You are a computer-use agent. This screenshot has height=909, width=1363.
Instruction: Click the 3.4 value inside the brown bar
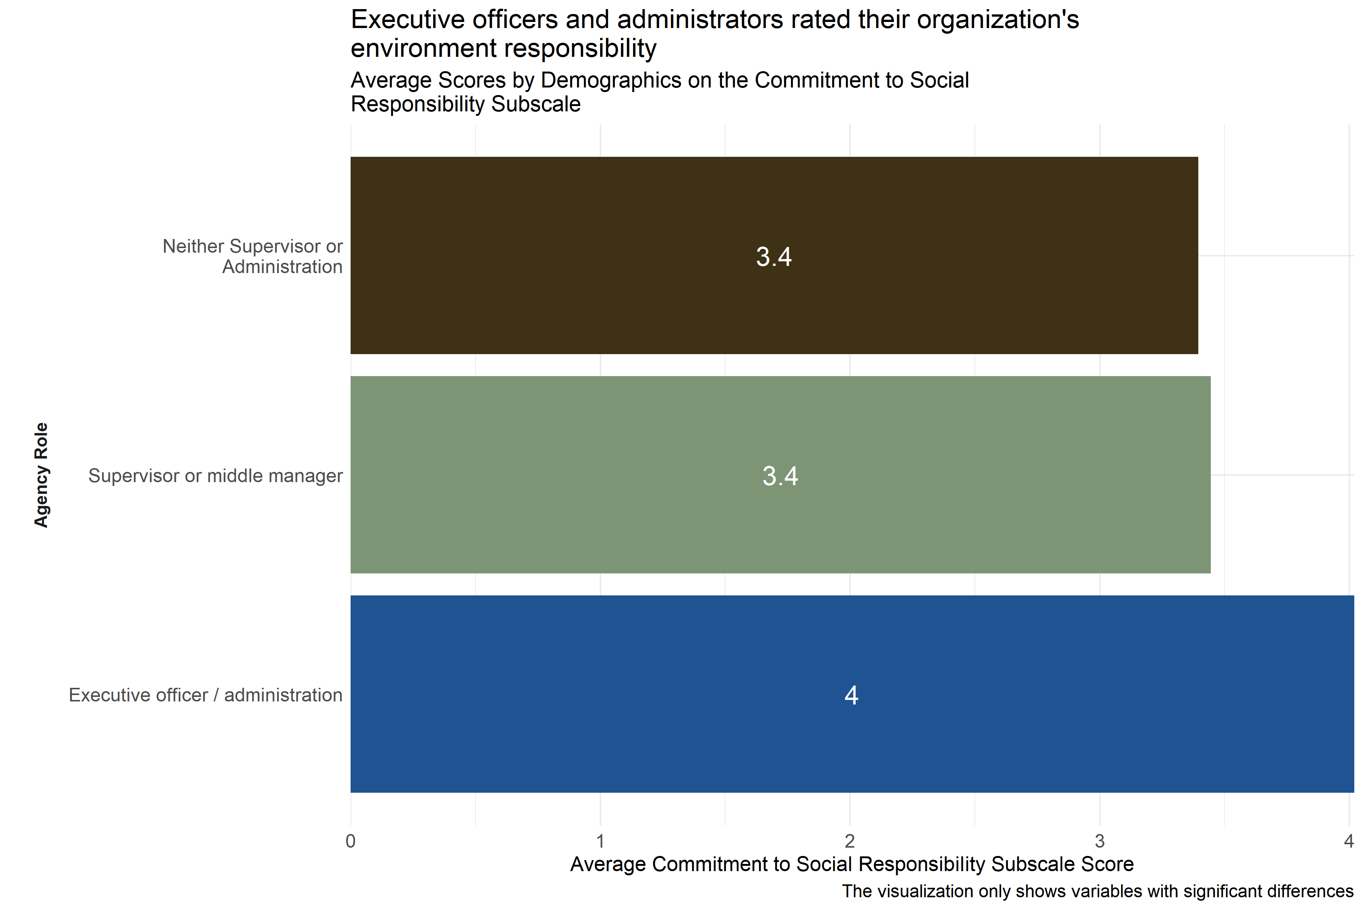pos(774,257)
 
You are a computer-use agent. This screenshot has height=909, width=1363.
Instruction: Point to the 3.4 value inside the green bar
pos(780,476)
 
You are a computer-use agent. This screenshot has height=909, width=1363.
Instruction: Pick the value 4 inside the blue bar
pos(851,695)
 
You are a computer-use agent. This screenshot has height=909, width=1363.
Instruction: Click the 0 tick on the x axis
pos(351,840)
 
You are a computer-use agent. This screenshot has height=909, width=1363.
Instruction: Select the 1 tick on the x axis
pos(600,840)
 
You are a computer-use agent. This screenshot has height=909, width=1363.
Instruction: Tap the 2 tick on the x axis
pos(850,840)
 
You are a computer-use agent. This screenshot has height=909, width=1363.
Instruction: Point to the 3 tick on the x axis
pos(1099,840)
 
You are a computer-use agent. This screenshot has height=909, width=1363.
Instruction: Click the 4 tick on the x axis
pos(1349,840)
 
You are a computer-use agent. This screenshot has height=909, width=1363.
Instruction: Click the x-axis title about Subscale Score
pos(852,864)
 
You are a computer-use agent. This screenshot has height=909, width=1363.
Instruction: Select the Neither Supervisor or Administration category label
pos(253,256)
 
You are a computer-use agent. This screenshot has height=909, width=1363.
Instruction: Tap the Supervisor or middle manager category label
pos(215,475)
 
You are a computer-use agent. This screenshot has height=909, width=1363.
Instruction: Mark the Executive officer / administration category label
pos(205,695)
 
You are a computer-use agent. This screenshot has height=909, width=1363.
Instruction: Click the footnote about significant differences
pos(1097,891)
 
